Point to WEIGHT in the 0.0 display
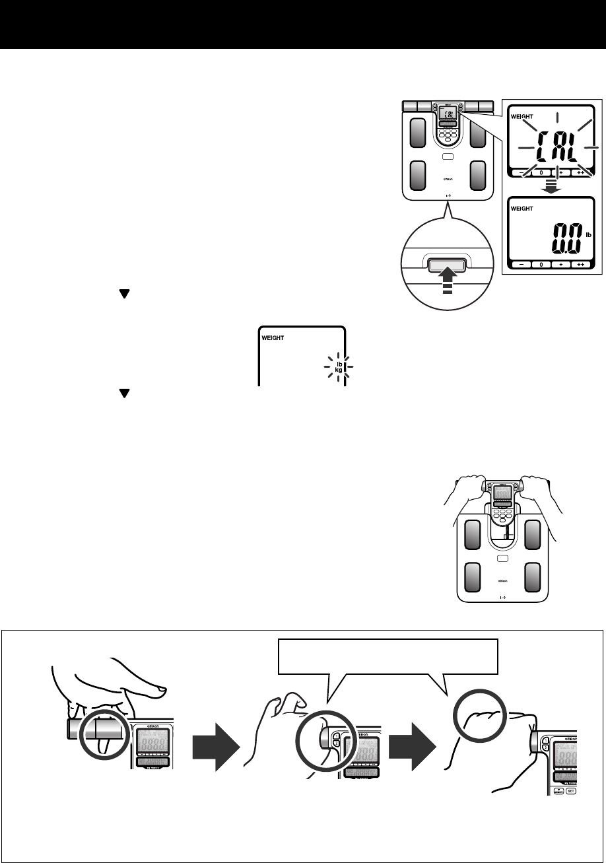(522, 207)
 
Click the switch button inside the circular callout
(447, 265)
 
